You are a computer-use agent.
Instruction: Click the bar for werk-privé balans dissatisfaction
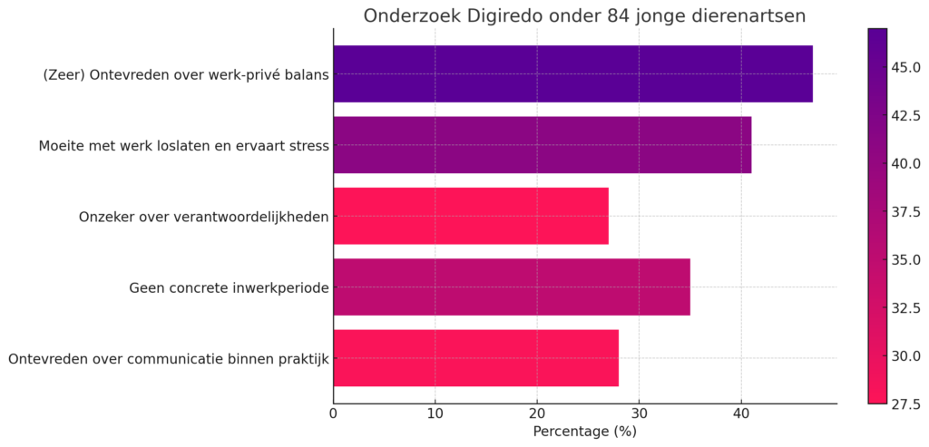[x=572, y=73]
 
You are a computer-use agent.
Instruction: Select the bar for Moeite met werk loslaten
[x=542, y=145]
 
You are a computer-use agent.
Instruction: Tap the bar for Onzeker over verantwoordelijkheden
[x=470, y=216]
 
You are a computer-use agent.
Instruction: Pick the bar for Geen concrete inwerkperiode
[x=511, y=287]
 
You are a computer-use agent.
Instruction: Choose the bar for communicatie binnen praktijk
[x=475, y=358]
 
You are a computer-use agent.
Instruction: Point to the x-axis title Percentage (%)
[x=584, y=432]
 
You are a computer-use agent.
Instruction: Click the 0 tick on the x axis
[x=334, y=413]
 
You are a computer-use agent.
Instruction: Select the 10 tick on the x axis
[x=435, y=413]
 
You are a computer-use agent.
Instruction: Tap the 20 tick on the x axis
[x=537, y=413]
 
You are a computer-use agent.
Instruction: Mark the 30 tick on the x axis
[x=639, y=413]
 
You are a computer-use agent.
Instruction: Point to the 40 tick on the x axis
[x=740, y=413]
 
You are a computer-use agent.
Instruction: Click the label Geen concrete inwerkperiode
[x=228, y=287]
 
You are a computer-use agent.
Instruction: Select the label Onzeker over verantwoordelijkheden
[x=203, y=217]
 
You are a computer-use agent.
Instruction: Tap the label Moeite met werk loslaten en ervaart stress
[x=183, y=145]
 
